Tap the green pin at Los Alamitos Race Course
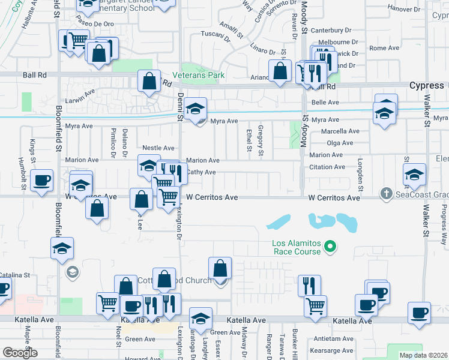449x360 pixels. tap(330, 245)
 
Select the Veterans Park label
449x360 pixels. tap(198, 75)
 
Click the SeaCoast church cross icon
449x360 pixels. tap(386, 193)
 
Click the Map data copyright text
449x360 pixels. tap(423, 355)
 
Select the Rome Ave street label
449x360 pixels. tap(384, 48)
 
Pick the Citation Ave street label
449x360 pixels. tap(327, 167)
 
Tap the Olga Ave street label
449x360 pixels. tap(340, 143)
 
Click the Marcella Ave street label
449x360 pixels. tap(340, 131)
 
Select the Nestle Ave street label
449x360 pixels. tap(158, 148)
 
